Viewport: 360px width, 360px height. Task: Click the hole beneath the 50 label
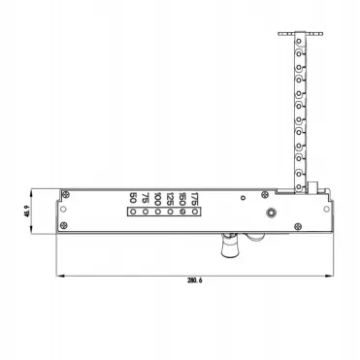click(133, 214)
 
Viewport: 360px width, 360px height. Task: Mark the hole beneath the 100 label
click(157, 214)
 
